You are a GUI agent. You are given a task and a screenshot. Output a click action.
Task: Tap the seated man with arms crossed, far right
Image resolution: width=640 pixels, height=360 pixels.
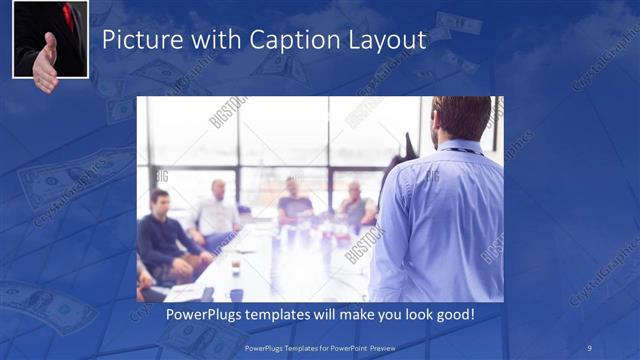point(355,205)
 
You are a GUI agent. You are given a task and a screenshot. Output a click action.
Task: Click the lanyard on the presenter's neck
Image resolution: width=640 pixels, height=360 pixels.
point(462,151)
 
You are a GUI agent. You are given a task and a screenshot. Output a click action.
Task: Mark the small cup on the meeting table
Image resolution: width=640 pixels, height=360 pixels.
point(236,268)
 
